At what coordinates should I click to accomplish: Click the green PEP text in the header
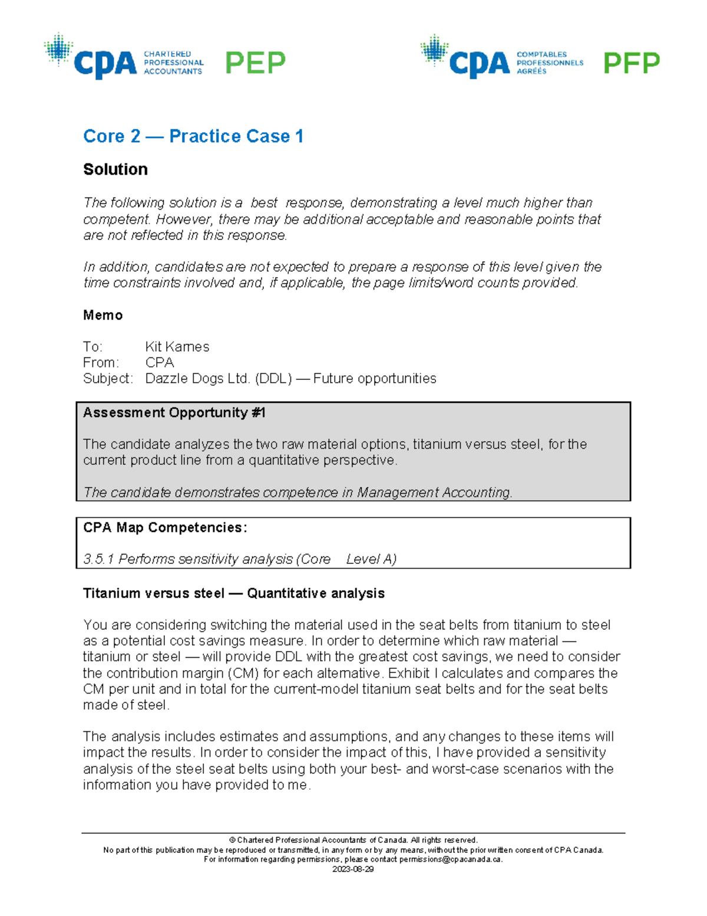(x=255, y=63)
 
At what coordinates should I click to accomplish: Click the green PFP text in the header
(x=632, y=63)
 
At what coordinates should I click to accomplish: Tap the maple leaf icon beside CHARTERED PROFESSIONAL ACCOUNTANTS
(x=58, y=50)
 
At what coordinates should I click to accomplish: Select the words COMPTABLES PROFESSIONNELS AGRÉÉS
(x=550, y=63)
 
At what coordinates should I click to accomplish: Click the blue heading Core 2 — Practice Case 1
(x=193, y=136)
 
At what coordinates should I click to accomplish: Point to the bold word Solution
(x=115, y=169)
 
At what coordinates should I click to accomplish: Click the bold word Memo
(x=103, y=315)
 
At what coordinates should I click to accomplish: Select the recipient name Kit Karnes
(x=177, y=347)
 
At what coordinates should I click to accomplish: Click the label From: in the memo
(x=101, y=362)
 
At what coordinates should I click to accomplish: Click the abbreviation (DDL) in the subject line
(x=273, y=378)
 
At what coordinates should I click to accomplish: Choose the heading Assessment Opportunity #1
(x=174, y=413)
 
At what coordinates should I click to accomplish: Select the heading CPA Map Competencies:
(x=165, y=527)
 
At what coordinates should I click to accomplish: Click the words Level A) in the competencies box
(x=371, y=559)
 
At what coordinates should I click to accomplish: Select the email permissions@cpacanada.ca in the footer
(x=450, y=859)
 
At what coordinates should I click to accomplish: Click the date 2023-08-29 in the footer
(x=353, y=869)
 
